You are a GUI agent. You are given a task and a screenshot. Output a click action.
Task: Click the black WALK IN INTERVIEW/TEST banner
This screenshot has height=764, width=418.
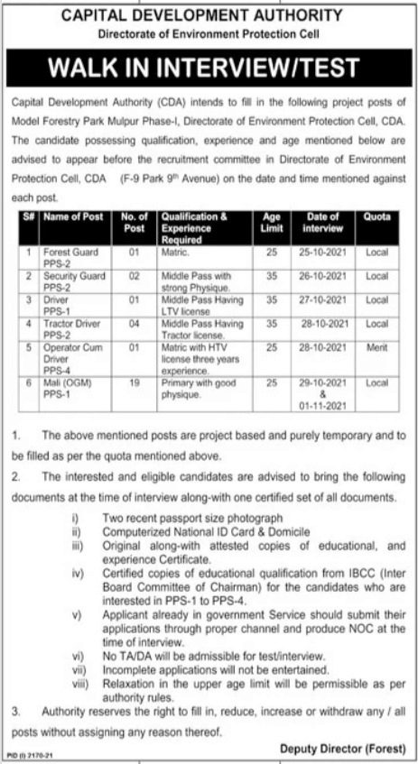[x=209, y=68]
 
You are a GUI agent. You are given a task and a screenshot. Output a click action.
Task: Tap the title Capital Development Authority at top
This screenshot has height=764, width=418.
[x=209, y=14]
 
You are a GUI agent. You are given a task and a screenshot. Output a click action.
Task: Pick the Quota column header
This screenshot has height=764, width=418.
[x=377, y=217]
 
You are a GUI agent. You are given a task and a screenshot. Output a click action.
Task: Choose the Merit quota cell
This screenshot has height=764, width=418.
[x=377, y=345]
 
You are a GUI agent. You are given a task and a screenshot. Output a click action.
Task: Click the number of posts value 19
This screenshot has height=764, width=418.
[x=127, y=382]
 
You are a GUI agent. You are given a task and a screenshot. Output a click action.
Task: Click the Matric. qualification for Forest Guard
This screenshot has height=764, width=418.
[x=173, y=253]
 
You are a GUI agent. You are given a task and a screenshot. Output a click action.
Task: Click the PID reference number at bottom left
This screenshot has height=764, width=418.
[x=25, y=756]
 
